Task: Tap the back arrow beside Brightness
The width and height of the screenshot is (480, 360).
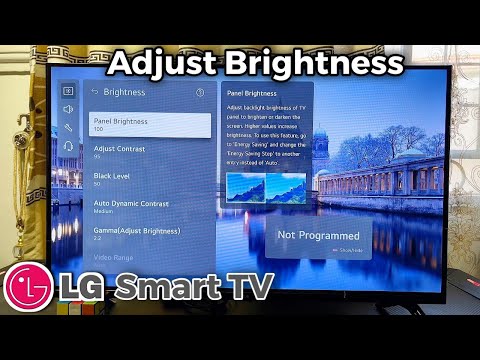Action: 94,92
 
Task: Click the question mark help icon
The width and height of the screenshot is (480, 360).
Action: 200,92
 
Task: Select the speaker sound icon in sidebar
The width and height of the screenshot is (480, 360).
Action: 68,109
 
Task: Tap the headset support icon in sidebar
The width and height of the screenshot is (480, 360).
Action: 68,146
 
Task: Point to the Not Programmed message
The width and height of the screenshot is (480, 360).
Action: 318,235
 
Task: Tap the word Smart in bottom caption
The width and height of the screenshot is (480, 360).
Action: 164,287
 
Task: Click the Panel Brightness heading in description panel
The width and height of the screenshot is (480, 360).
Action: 252,92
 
